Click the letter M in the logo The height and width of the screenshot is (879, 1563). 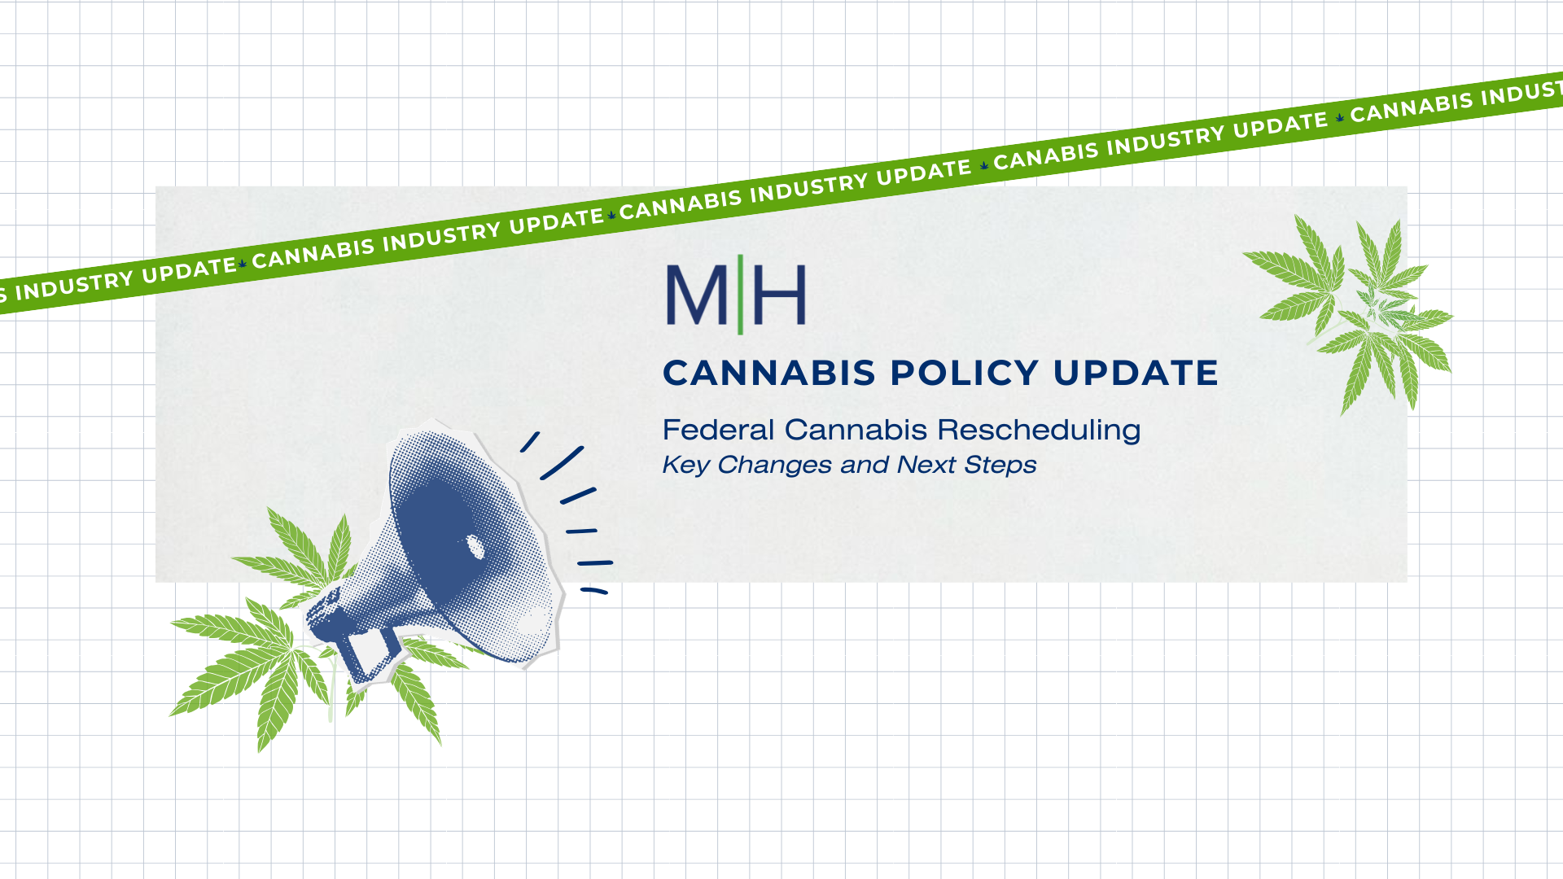point(696,295)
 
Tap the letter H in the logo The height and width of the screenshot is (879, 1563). point(779,295)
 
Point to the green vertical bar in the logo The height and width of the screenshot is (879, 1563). point(740,295)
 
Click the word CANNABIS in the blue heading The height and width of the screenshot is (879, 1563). point(768,374)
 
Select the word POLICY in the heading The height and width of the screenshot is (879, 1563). point(964,374)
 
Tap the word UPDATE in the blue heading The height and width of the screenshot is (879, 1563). point(1136,374)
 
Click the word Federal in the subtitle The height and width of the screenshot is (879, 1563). point(717,430)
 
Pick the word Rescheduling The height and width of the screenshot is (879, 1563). point(1039,431)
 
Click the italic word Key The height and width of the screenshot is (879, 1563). point(685,466)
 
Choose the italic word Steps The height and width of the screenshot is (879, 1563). point(1000,466)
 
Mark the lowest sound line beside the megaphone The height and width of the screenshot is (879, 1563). point(594,591)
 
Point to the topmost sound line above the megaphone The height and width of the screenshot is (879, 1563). point(530,442)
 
